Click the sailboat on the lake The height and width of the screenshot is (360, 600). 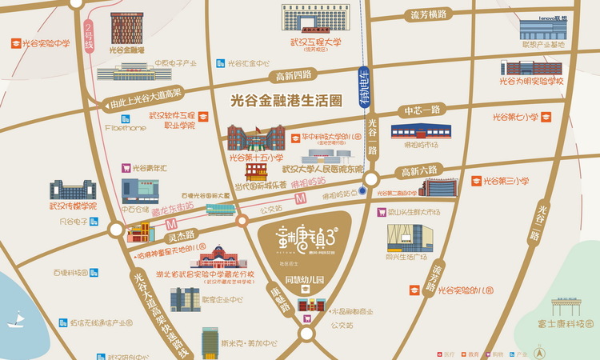point(15,319)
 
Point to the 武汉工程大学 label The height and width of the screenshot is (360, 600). point(315,42)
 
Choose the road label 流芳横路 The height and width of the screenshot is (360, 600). point(428,14)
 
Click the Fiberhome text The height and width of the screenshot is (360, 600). point(123,126)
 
